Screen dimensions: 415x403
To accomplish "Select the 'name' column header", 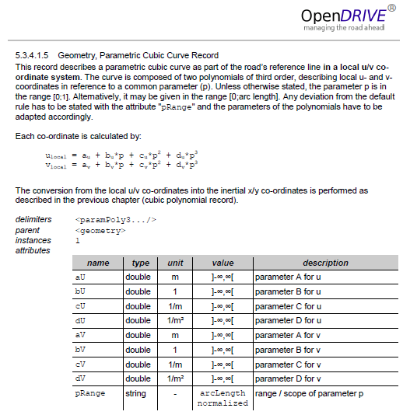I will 98,263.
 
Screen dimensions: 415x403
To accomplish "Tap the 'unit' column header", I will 175,263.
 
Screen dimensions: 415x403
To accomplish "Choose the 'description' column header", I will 325,263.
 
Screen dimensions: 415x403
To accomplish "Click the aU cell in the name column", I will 80,277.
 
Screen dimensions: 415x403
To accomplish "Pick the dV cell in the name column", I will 80,378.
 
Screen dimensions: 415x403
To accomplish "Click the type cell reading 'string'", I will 135,393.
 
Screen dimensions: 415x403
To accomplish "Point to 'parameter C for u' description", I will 288,305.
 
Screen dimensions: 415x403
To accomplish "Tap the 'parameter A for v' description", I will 288,335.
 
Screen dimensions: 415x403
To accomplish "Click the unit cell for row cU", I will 175,305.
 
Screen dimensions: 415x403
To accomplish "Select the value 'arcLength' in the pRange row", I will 223,393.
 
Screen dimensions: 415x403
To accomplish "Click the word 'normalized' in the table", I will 223,404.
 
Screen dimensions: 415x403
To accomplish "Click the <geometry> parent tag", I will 100,230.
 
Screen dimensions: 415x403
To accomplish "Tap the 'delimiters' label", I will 33,220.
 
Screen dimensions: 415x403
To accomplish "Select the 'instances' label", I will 33,240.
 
